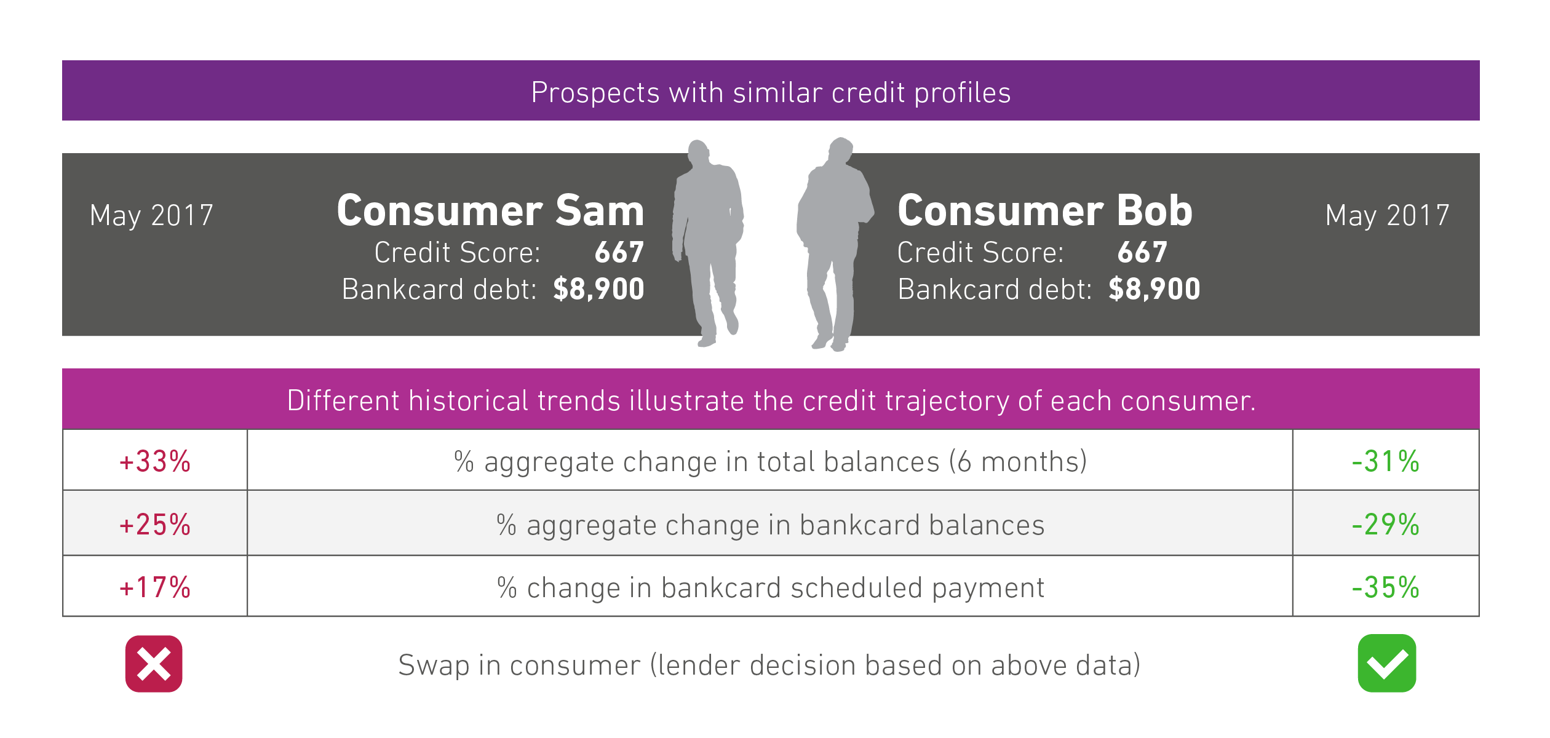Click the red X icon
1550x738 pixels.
coord(154,664)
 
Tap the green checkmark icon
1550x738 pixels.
coord(1387,663)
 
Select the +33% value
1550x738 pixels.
coord(155,461)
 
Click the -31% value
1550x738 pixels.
coord(1386,461)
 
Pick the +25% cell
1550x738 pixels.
coord(155,523)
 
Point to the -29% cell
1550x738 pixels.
coord(1386,523)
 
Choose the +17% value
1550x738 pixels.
coord(155,587)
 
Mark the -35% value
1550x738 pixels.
coord(1386,587)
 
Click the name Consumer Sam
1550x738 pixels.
coord(490,210)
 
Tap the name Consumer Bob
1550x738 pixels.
coord(1045,210)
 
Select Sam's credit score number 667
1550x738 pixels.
coord(619,252)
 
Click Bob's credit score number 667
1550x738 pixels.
coord(1142,252)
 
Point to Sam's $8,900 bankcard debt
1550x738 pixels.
coord(598,289)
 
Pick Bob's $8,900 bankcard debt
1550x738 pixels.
coord(1155,289)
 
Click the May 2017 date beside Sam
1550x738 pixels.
coord(151,216)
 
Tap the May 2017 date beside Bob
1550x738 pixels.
coord(1388,216)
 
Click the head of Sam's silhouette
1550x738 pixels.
coord(698,152)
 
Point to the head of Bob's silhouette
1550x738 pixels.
coord(841,149)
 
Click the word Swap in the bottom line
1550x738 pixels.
coord(434,665)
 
